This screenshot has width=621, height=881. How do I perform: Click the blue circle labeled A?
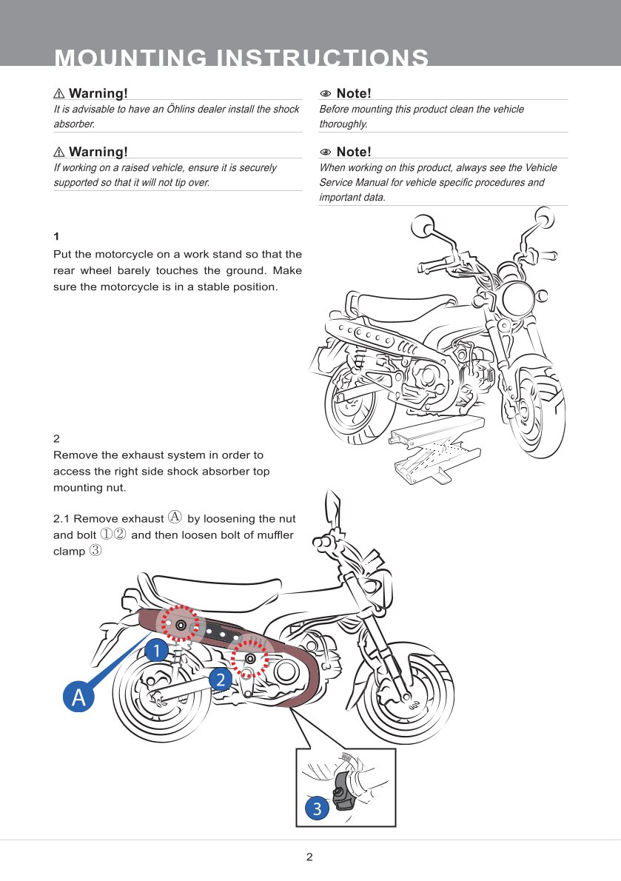[79, 697]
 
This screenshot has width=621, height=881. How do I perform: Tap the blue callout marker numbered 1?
[155, 651]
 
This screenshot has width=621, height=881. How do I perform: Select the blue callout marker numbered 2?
[220, 678]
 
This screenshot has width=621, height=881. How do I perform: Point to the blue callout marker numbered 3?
[317, 808]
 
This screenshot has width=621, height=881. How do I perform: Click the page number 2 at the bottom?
[309, 857]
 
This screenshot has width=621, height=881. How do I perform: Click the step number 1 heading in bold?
[56, 237]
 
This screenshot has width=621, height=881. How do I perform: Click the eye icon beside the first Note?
[325, 94]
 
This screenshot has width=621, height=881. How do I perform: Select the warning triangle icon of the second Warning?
[59, 153]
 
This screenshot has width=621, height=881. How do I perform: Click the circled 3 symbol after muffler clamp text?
[95, 551]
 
